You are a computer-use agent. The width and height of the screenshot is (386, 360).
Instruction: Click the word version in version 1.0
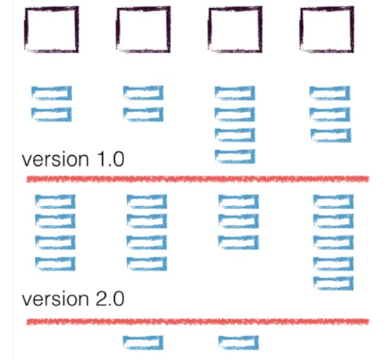pyautogui.click(x=55, y=160)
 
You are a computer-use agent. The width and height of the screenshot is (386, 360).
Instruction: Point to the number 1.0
pyautogui.click(x=111, y=159)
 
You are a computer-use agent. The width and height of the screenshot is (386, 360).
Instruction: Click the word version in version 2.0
pyautogui.click(x=55, y=299)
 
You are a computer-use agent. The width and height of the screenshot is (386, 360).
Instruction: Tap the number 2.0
pyautogui.click(x=110, y=299)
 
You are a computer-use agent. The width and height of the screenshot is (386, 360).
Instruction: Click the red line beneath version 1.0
pyautogui.click(x=198, y=179)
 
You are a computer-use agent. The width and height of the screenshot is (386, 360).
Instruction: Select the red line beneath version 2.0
pyautogui.click(x=198, y=322)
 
